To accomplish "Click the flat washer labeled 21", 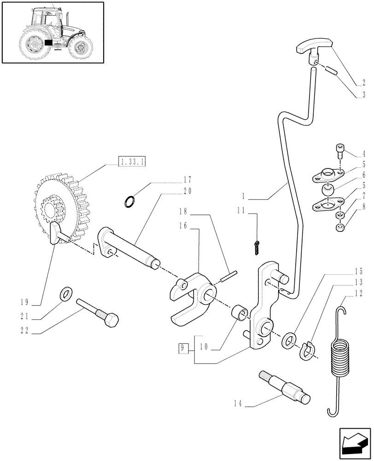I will click(66, 293).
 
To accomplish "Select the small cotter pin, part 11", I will click(257, 248).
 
